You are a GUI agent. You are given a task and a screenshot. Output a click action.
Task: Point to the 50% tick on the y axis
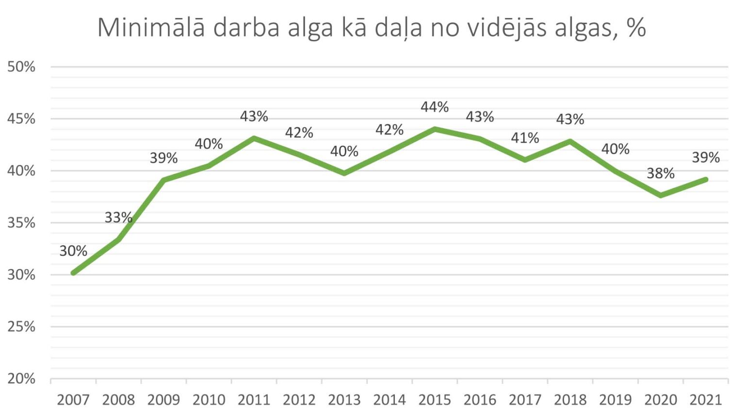21,67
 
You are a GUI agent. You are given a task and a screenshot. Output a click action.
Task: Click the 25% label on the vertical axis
21,327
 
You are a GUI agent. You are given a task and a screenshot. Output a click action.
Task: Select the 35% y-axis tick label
21,223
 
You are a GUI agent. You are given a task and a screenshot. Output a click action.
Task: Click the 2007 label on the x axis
73,400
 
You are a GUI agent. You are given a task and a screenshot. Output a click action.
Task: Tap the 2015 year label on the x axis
435,400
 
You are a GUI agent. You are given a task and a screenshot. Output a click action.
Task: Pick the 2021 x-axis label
706,400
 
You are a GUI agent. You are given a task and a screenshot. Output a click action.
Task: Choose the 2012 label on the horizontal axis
299,400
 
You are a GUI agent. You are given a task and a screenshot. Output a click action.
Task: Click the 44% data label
435,107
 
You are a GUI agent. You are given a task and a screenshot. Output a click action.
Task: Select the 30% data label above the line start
73,251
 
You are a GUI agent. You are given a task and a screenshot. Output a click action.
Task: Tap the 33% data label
118,217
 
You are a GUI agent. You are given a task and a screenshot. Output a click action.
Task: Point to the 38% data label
661,173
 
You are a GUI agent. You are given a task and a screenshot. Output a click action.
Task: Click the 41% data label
525,138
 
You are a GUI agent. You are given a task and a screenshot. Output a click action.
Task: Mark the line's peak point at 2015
435,129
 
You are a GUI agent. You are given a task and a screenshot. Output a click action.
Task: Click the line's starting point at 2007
73,273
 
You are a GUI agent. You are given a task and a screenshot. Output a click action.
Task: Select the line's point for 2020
661,195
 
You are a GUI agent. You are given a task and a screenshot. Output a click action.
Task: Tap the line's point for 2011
254,138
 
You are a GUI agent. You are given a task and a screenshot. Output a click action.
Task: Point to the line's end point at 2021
706,180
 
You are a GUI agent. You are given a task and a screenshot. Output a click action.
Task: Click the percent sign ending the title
636,28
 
